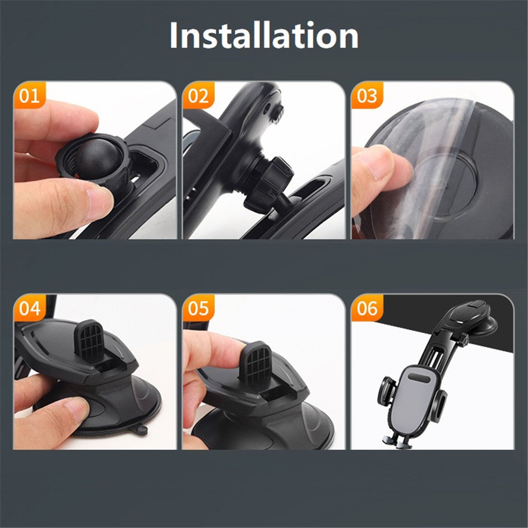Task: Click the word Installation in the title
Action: click(x=264, y=36)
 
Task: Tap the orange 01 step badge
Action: click(x=29, y=96)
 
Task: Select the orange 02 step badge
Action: click(x=199, y=96)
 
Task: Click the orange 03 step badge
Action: click(x=367, y=96)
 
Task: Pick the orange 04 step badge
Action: click(x=29, y=309)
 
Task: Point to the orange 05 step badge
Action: click(x=199, y=309)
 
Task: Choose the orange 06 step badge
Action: click(x=367, y=309)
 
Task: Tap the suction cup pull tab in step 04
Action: click(x=140, y=429)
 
